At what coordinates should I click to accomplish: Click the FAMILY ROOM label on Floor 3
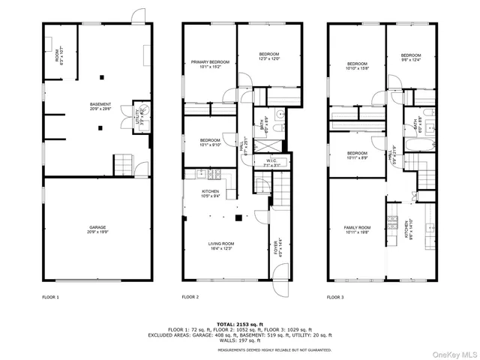(357, 229)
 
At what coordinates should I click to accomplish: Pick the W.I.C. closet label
(272, 163)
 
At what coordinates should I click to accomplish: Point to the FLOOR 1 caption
(51, 298)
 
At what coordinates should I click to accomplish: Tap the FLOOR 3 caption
(337, 298)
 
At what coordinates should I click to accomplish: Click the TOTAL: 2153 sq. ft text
(241, 323)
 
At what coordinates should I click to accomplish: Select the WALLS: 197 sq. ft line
(241, 341)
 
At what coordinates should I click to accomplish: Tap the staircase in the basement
(122, 163)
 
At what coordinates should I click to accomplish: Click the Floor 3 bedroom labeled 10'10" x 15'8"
(357, 66)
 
